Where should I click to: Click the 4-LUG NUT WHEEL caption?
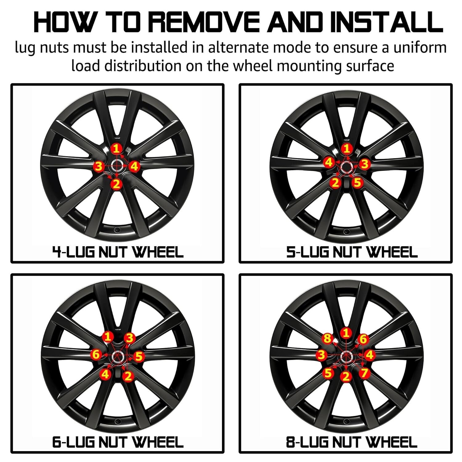[x=118, y=252]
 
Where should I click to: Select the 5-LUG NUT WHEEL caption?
[x=352, y=252]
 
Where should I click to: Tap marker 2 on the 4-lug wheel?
[x=116, y=184]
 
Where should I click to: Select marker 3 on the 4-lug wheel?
[x=99, y=167]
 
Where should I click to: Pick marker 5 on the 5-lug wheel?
[x=357, y=183]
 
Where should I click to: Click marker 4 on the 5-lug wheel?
[x=329, y=162]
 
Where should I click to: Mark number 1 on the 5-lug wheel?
[x=347, y=149]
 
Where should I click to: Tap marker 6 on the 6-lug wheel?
[x=96, y=355]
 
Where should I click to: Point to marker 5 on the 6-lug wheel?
[x=139, y=357]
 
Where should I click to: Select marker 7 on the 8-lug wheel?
[x=364, y=373]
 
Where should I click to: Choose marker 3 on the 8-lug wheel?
[x=322, y=355]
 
